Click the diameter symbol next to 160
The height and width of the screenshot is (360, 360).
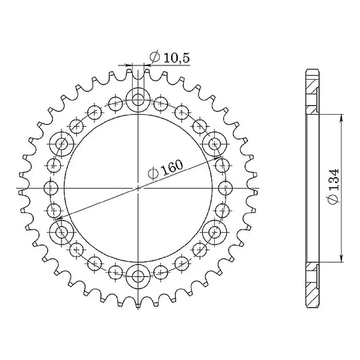[153, 173]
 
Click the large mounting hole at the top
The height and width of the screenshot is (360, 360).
[138, 100]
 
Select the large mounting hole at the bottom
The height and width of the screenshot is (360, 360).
[138, 277]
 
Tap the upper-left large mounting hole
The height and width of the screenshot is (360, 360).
[62, 144]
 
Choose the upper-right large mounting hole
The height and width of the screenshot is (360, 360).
[214, 144]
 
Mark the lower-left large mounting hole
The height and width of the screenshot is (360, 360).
[62, 232]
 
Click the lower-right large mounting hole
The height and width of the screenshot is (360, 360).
[214, 232]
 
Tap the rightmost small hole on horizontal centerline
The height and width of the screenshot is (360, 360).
[225, 188]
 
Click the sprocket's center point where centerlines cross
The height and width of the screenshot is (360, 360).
[138, 188]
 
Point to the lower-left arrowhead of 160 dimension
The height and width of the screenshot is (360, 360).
[58, 218]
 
